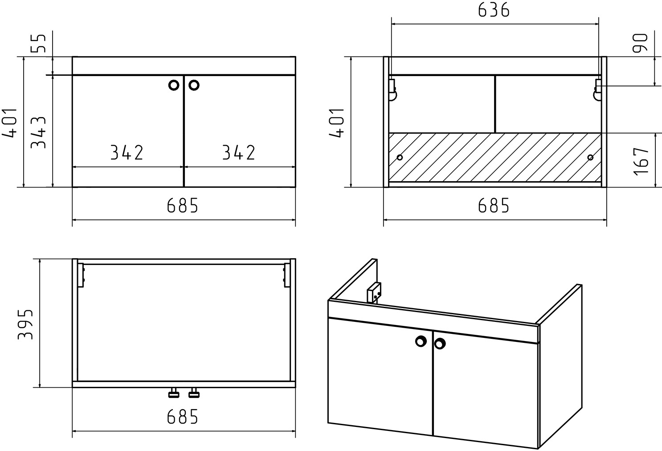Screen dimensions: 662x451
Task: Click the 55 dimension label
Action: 39,44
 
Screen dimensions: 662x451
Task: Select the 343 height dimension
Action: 39,132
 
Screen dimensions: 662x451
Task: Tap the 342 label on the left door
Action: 127,152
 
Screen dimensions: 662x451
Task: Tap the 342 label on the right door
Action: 238,152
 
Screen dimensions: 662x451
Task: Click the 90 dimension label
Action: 640,43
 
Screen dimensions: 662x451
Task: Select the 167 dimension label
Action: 642,161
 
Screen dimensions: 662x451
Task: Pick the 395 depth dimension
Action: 25,324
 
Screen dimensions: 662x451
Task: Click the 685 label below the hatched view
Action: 494,205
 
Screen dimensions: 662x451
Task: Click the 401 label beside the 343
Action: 9,123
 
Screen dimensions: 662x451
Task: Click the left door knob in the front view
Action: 174,85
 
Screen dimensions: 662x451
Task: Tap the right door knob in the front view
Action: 194,85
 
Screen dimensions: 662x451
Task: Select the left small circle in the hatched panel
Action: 400,158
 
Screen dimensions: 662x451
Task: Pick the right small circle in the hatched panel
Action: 590,158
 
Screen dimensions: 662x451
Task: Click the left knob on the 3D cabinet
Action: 421,341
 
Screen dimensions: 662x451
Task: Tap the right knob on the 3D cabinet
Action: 440,344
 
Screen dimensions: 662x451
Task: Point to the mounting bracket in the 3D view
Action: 374,293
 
